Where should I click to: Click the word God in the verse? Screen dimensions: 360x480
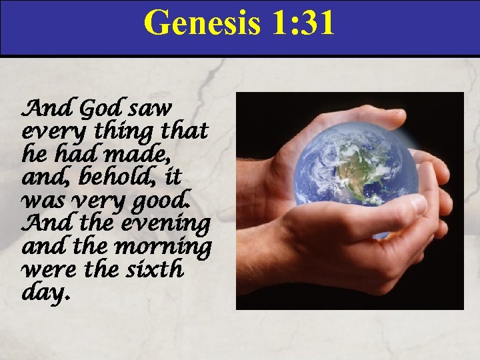pyautogui.click(x=100, y=106)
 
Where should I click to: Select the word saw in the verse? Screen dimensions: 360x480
pyautogui.click(x=151, y=107)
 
